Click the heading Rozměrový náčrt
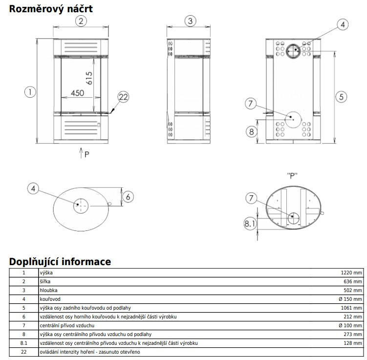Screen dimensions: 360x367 (44, 8)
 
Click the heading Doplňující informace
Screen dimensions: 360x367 (60, 262)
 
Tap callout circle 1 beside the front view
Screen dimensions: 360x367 (30, 91)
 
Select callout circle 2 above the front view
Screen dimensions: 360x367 (81, 21)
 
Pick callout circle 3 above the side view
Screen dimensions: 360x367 (191, 21)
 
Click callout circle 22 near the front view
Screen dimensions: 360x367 (123, 97)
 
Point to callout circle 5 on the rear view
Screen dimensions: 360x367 (342, 96)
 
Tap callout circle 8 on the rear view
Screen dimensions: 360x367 (251, 131)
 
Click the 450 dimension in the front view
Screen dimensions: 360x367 (77, 93)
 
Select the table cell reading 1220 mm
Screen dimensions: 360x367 (351, 273)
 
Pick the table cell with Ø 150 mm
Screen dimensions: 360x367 (350, 299)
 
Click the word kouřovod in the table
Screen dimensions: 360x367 (50, 299)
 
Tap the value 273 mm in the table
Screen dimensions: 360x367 (352, 335)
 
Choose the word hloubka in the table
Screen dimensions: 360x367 (49, 291)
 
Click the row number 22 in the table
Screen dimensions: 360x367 (23, 352)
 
